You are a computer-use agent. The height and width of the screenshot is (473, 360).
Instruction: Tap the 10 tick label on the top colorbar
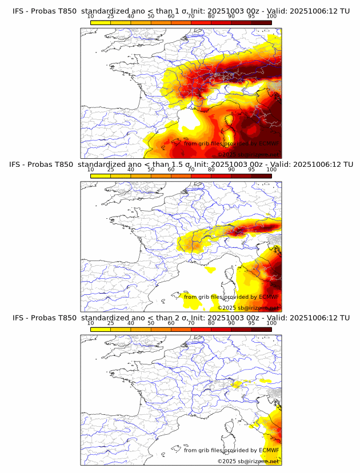coord(90,16)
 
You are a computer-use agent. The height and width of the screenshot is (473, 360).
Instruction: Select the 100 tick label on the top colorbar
coord(271,16)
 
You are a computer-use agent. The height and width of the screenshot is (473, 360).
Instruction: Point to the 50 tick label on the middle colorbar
coord(151,170)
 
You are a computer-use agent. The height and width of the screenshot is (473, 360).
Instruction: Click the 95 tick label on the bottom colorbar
coord(251,323)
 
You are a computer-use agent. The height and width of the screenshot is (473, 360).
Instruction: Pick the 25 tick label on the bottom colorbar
coord(110,323)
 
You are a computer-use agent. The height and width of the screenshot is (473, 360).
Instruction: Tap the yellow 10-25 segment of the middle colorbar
coord(100,176)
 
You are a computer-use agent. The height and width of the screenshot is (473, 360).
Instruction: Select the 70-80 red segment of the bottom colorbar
coord(201,330)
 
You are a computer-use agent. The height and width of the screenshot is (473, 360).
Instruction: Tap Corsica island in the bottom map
coord(230,433)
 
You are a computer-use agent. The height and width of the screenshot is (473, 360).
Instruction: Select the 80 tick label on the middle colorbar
coord(211,170)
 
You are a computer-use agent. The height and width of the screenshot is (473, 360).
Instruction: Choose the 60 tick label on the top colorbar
coord(171,16)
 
